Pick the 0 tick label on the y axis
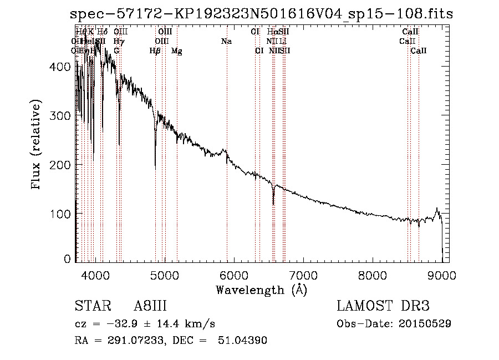point(68,259)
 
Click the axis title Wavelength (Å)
point(262,290)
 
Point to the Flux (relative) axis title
point(37,145)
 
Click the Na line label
point(226,42)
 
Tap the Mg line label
point(176,51)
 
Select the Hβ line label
point(155,51)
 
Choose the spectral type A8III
point(150,307)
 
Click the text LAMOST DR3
point(383,307)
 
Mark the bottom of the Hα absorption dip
point(273,204)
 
